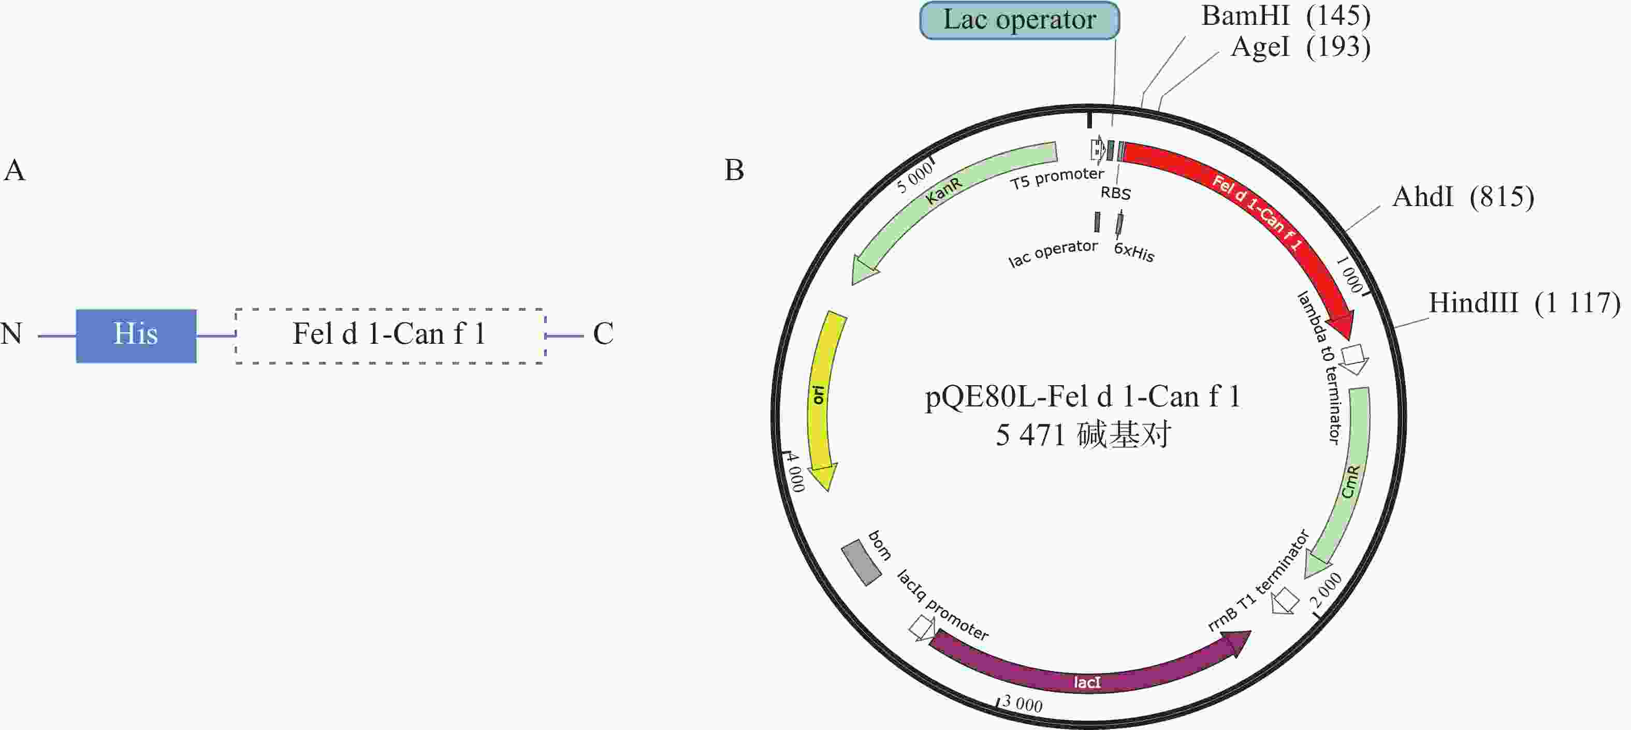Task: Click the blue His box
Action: pos(136,335)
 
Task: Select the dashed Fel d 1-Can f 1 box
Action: pos(390,335)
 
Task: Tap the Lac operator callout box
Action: pos(1020,20)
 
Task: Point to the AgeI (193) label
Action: pos(1301,47)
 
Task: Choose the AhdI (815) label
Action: pos(1463,197)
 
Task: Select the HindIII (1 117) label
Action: pos(1524,303)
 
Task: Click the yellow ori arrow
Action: pos(821,399)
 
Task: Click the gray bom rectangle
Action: pos(861,562)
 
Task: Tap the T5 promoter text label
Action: pos(1057,178)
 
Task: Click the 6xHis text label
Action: pos(1134,252)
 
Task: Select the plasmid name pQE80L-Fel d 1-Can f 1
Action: pos(1083,397)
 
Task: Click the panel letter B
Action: pos(734,170)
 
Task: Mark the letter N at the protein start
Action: pos(11,333)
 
